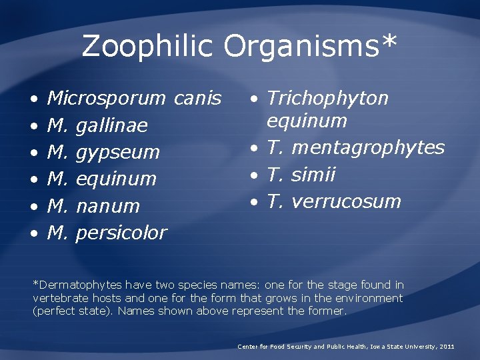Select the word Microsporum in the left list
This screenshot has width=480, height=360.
point(106,99)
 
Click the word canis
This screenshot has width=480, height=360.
point(197,99)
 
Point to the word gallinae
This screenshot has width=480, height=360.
point(112,126)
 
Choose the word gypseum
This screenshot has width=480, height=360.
point(118,153)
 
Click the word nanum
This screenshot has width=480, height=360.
point(108,207)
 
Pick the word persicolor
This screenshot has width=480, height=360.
point(121,233)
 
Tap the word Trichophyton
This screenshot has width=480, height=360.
point(327,99)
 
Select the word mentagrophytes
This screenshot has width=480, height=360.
point(368,147)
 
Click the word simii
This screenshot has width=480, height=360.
point(313,175)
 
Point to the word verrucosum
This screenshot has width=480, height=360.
point(347,201)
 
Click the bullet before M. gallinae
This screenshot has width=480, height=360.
point(34,127)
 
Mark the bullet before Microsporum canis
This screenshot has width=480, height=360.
point(34,99)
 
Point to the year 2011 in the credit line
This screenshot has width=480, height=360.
point(447,347)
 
